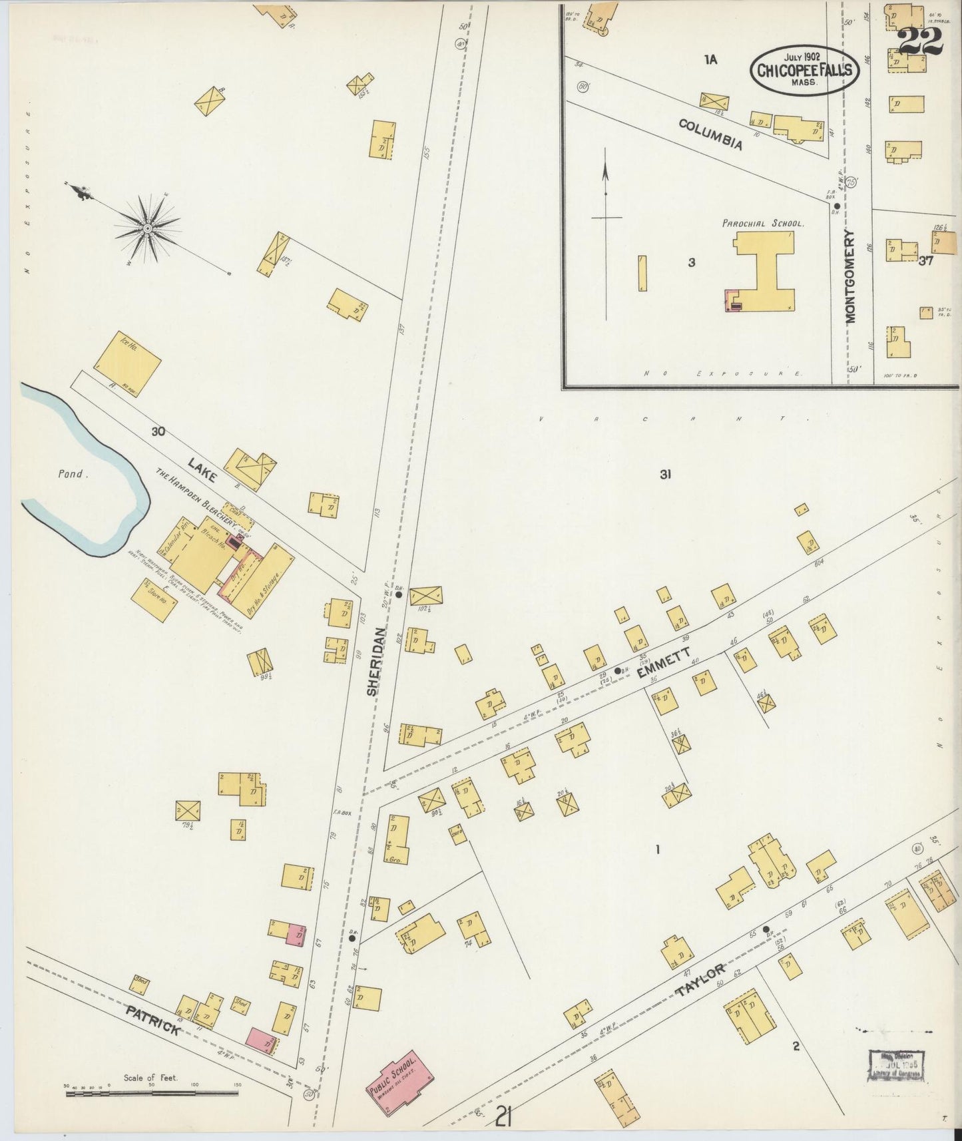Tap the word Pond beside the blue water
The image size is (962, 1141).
pos(70,474)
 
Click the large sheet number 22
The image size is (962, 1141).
pos(921,41)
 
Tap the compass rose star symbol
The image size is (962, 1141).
pos(147,228)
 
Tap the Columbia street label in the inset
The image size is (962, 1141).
pos(710,134)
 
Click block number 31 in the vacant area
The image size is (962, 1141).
pos(664,475)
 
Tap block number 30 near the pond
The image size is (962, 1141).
pos(158,431)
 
